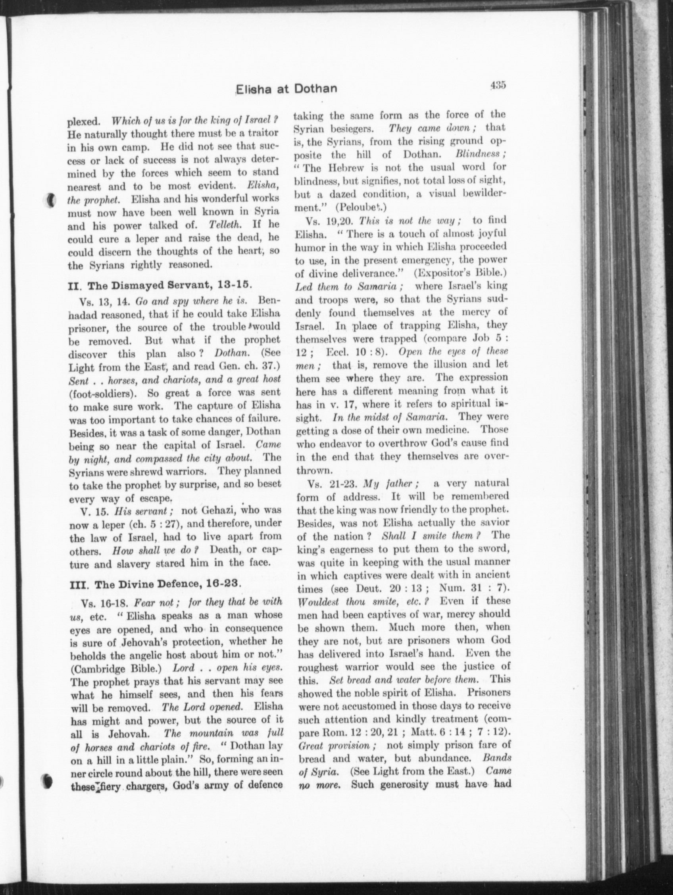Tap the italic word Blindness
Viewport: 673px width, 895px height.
[x=480, y=154]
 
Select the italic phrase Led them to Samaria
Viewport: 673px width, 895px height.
[x=349, y=286]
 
